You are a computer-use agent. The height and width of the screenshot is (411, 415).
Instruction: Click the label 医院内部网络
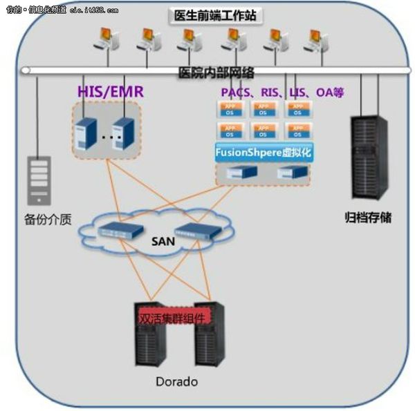click(216, 73)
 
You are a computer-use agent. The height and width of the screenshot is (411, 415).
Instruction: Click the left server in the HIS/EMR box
click(85, 131)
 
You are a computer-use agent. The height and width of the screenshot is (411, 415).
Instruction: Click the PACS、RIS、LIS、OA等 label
click(282, 91)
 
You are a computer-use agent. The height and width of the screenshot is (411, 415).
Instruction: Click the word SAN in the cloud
click(159, 242)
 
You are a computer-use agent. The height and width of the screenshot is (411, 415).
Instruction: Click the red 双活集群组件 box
click(172, 318)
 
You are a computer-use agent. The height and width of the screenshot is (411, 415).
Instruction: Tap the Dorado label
click(176, 381)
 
